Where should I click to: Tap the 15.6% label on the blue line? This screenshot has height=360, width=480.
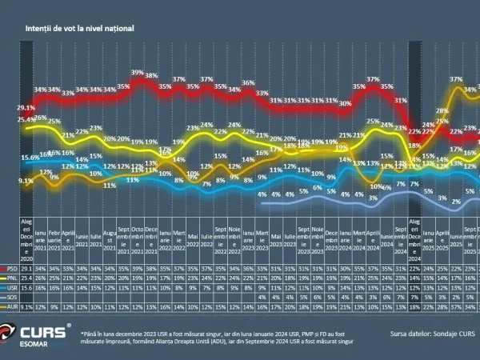point(30,158)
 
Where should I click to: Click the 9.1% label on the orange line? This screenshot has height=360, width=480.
point(26,181)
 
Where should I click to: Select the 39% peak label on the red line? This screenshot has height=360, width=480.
point(137,73)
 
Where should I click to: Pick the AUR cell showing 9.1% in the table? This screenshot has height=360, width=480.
point(26,305)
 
